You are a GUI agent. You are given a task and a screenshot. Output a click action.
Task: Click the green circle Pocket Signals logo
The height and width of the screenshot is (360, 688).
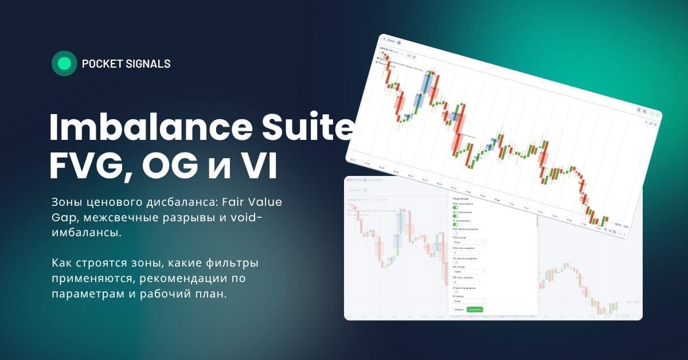(64, 64)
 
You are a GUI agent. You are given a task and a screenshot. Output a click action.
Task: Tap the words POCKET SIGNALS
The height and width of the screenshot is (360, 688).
(126, 64)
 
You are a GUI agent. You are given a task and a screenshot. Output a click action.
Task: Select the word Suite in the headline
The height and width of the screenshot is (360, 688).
(310, 128)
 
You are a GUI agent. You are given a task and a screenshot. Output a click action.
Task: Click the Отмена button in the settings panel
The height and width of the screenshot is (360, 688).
(459, 310)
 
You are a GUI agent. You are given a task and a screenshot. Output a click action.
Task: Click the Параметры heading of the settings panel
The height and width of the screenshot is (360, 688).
(461, 198)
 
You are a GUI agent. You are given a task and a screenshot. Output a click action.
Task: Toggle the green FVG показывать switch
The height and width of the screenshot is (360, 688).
(456, 208)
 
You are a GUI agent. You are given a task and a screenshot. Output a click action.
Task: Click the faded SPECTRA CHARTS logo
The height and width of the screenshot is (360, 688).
(367, 180)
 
